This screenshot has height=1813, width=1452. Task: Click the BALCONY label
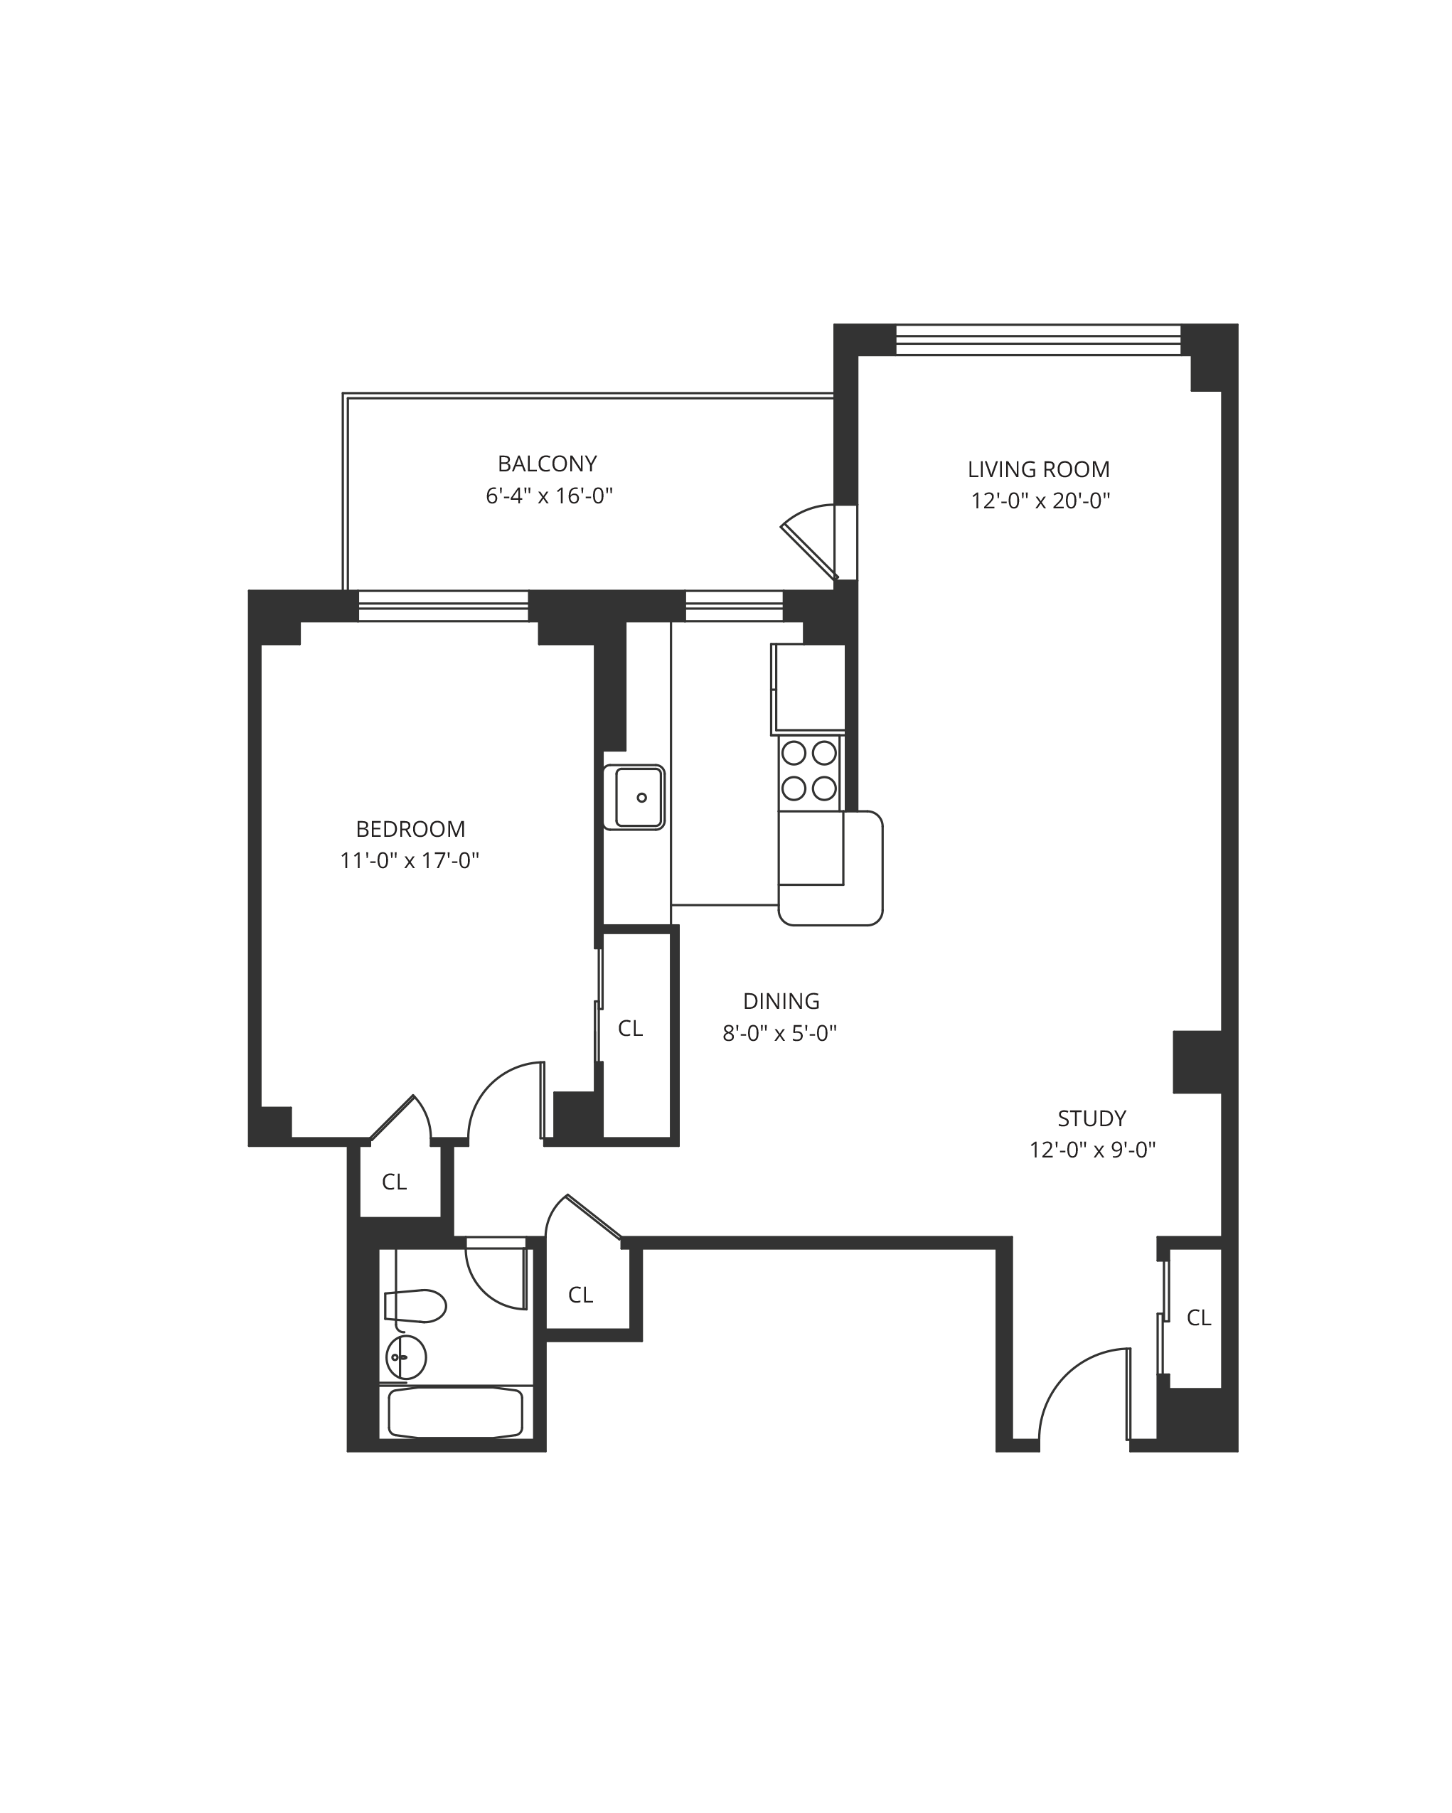(547, 464)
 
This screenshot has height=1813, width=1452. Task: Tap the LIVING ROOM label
(1038, 469)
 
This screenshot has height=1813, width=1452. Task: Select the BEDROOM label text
(410, 829)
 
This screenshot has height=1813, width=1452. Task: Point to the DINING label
(781, 1000)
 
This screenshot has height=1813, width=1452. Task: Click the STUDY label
(1091, 1118)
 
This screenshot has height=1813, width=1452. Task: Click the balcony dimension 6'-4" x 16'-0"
(548, 496)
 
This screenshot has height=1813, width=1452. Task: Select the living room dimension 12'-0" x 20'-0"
(1040, 501)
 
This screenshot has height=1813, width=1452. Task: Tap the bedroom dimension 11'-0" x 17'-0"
(410, 860)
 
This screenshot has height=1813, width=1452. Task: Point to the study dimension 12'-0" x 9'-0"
(1092, 1150)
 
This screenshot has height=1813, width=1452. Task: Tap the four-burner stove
(809, 770)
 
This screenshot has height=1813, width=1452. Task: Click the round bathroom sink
(405, 1357)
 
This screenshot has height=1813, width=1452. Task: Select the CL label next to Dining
(630, 1027)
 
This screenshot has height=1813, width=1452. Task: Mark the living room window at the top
(1038, 340)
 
